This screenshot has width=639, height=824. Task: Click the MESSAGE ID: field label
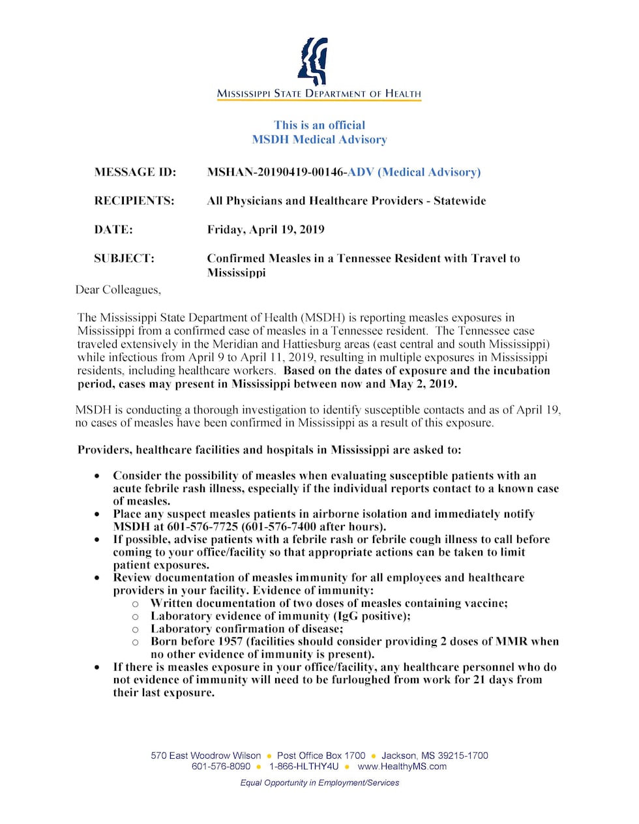point(135,172)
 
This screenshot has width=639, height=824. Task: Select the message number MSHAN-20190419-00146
point(276,172)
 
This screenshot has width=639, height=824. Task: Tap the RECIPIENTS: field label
point(134,201)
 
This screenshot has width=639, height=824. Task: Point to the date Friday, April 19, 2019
point(265,229)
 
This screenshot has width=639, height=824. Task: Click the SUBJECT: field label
point(124,258)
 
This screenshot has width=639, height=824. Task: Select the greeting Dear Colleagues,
point(118,289)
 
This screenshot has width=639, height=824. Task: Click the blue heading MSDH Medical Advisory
point(319,140)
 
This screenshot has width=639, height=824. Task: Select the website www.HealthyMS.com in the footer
point(402,767)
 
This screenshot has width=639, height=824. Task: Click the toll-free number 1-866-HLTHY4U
point(304,767)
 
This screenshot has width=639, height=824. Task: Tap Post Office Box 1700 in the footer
point(321,756)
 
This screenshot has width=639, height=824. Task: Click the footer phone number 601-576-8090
point(221,767)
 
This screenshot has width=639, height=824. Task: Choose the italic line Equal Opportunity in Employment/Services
point(319,783)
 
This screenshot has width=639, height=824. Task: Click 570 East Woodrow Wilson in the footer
point(205,756)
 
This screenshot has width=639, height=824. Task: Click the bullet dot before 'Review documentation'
point(97,578)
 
